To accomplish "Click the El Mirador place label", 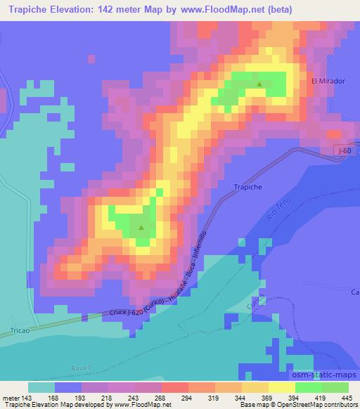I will coord(328,82).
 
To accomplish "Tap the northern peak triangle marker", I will coord(260,84).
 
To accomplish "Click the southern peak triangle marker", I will coord(141,227).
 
